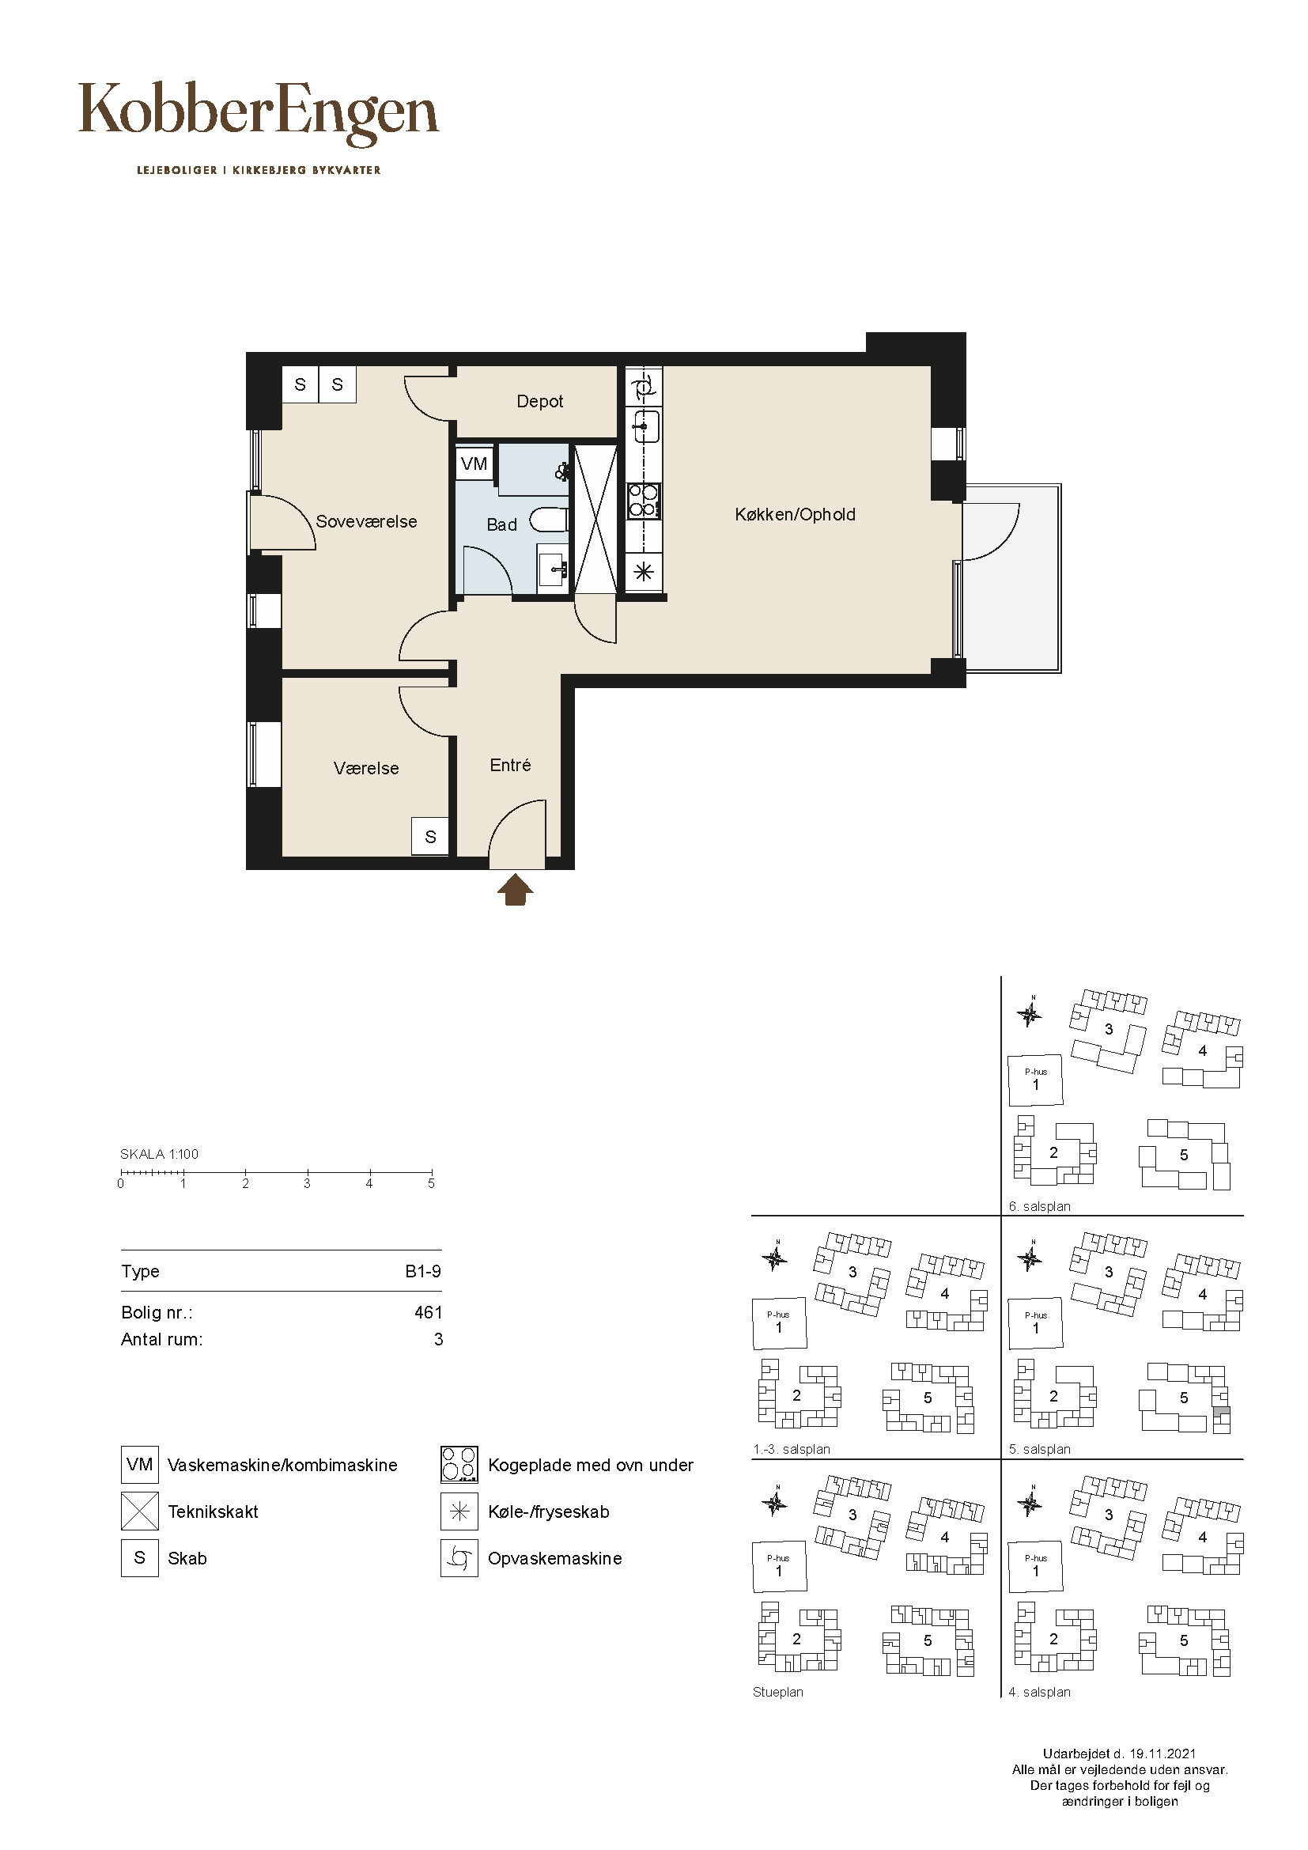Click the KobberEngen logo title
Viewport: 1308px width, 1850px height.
(259, 114)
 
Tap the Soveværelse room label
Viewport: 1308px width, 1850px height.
(366, 521)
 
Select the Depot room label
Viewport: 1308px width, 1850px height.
(539, 401)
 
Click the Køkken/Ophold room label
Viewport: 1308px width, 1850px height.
(795, 514)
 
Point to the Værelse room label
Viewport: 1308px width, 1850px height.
(366, 768)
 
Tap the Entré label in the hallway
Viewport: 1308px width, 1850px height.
(511, 765)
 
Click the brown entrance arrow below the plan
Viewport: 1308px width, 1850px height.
(516, 891)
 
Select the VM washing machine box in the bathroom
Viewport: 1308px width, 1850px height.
(474, 463)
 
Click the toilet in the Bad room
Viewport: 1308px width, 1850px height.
(550, 520)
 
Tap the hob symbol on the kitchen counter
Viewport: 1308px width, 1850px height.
(644, 500)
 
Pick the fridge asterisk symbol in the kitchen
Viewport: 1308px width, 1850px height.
(644, 573)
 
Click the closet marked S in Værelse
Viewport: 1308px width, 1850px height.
(430, 836)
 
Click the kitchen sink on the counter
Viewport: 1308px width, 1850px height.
(645, 426)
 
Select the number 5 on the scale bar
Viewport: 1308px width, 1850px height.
(431, 1184)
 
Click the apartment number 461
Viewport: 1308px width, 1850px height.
(429, 1313)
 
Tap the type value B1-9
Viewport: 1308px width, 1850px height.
(423, 1272)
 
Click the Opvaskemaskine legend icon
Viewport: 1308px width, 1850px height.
(459, 1558)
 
